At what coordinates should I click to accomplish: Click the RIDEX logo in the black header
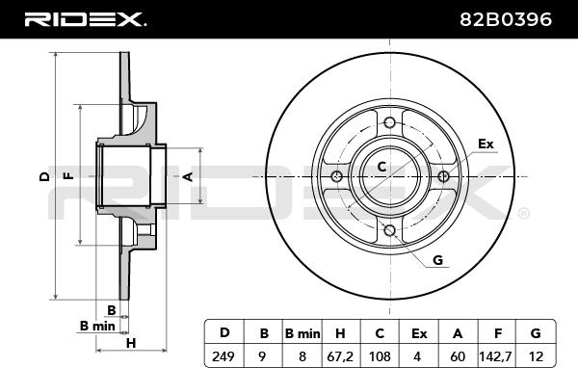85,19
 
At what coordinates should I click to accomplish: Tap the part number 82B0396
506,19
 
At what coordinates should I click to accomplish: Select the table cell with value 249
223,356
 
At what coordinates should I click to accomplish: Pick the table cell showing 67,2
340,356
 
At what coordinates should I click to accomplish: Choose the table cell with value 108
380,356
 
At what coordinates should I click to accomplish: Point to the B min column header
302,333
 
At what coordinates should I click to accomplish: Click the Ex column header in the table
419,333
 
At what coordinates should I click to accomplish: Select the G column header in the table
536,333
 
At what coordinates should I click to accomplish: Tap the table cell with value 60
458,356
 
